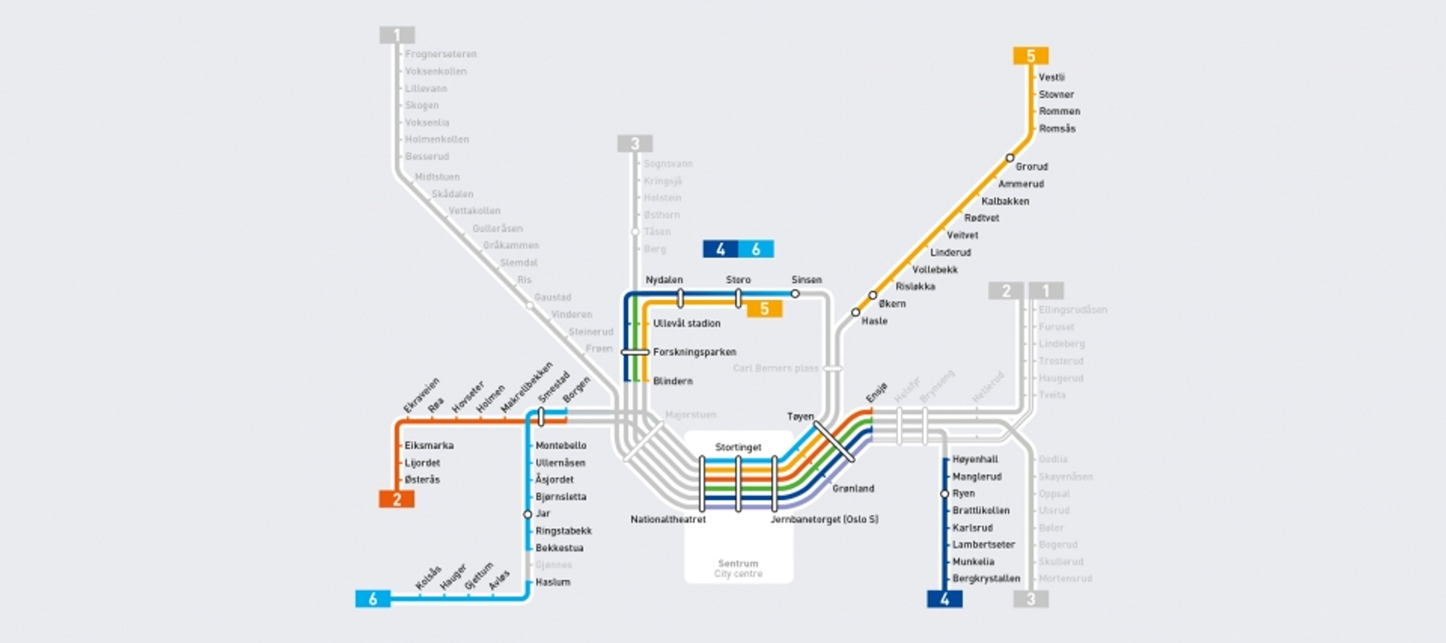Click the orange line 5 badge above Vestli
pyautogui.click(x=1031, y=56)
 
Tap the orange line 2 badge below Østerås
pyautogui.click(x=397, y=499)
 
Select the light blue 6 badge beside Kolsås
pyautogui.click(x=373, y=599)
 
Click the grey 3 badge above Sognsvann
pyautogui.click(x=635, y=144)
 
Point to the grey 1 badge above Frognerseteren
pyautogui.click(x=397, y=35)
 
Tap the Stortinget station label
pyautogui.click(x=738, y=447)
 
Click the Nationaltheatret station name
pyautogui.click(x=668, y=520)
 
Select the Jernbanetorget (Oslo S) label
pyautogui.click(x=824, y=520)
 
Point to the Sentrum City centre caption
pyautogui.click(x=738, y=568)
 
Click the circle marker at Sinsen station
pyautogui.click(x=795, y=293)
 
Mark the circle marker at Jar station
pyautogui.click(x=527, y=514)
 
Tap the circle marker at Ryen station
pyautogui.click(x=945, y=494)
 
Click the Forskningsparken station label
pyautogui.click(x=694, y=352)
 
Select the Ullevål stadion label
pyautogui.click(x=686, y=323)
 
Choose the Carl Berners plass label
pyautogui.click(x=775, y=369)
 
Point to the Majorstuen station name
pyautogui.click(x=691, y=414)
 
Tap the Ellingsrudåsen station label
pyautogui.click(x=1073, y=310)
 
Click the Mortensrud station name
pyautogui.click(x=1065, y=579)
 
